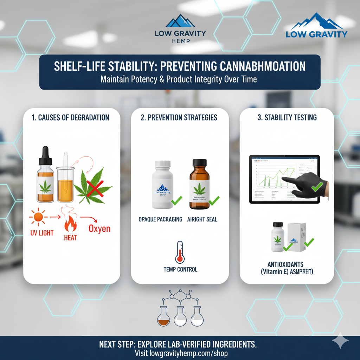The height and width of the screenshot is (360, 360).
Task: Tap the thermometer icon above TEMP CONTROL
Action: point(180,252)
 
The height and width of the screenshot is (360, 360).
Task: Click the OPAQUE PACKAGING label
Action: point(160,219)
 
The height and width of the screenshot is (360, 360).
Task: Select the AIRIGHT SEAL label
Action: point(202,219)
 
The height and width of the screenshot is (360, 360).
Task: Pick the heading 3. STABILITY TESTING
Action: point(287,118)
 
